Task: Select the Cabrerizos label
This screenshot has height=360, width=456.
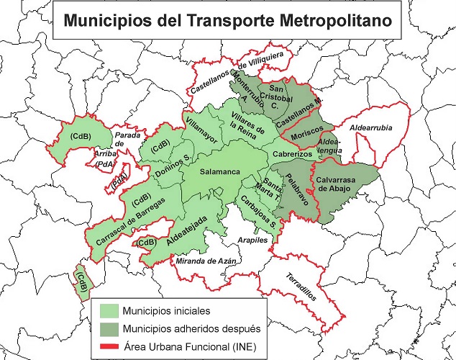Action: (291, 155)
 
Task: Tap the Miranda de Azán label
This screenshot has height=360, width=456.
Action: (206, 261)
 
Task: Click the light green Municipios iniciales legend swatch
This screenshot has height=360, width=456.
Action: (108, 311)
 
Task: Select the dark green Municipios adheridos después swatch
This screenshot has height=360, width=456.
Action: (108, 330)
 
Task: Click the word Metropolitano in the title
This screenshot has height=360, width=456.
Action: (328, 20)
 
